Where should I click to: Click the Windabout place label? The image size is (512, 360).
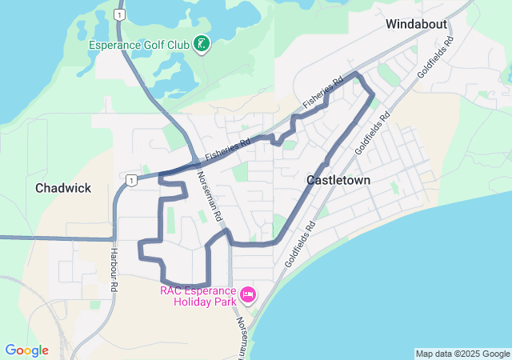tap(416, 24)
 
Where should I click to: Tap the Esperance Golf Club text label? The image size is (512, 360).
tap(139, 45)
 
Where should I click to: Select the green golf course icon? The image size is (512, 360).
tap(202, 44)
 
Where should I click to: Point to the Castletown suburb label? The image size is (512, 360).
tap(338, 181)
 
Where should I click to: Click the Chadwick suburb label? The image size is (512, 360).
tap(63, 188)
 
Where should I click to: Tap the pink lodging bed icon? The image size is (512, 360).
tap(248, 296)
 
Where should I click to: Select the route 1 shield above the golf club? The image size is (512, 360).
tap(118, 15)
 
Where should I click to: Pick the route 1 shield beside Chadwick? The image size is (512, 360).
tap(130, 181)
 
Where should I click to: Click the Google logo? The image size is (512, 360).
tap(26, 350)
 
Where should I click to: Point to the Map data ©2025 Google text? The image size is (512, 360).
tap(462, 354)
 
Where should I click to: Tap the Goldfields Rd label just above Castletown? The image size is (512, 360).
tap(373, 132)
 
